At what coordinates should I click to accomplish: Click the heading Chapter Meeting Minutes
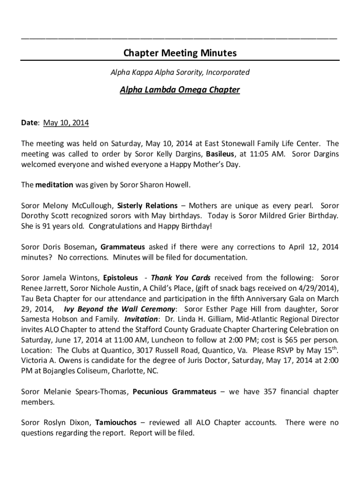tap(180, 53)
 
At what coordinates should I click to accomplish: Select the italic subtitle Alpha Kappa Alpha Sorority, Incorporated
tap(180, 73)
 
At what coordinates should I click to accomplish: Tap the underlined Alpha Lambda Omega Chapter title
tap(180, 89)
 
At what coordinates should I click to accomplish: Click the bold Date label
tap(29, 123)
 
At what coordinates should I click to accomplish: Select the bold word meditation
tap(54, 185)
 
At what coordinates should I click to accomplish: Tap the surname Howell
tap(178, 185)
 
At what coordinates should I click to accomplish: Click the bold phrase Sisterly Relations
tap(147, 205)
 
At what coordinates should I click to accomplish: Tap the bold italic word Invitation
tap(141, 319)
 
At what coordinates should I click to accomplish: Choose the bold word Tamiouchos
tap(116, 422)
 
